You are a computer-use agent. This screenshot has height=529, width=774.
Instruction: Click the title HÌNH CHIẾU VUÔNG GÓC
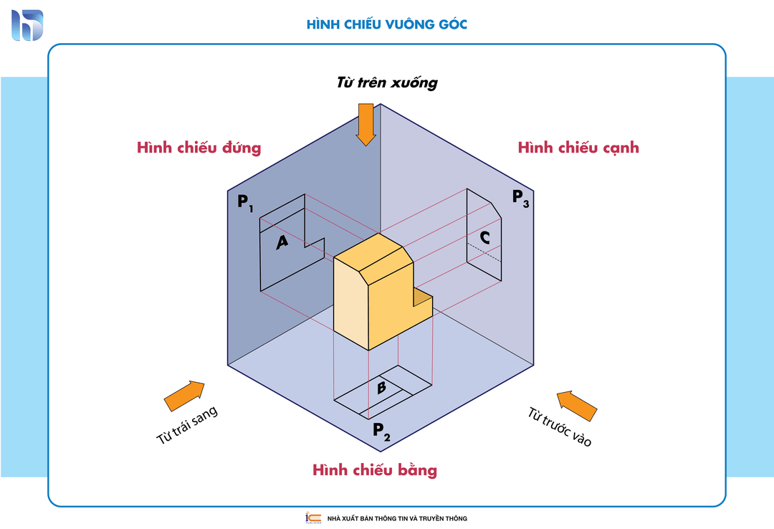(387, 24)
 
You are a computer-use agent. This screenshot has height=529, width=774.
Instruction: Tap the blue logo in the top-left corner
(27, 25)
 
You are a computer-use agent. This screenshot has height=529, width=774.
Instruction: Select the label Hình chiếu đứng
(199, 148)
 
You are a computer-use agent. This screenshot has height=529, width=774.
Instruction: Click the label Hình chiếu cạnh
(578, 148)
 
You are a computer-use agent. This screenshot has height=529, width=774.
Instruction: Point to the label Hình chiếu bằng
(374, 470)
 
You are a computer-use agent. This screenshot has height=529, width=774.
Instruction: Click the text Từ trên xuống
(387, 82)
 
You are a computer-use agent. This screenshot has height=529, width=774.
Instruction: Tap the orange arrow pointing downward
(365, 123)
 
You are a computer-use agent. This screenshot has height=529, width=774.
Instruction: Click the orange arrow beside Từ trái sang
(184, 396)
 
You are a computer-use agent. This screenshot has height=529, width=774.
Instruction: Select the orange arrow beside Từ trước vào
(577, 405)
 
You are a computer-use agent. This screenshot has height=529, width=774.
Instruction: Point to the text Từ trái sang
(187, 426)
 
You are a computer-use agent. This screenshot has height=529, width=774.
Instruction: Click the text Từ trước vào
(560, 427)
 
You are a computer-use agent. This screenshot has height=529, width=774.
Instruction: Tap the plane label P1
(245, 202)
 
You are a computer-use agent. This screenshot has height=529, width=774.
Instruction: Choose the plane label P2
(381, 431)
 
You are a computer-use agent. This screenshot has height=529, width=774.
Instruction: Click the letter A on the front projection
(282, 243)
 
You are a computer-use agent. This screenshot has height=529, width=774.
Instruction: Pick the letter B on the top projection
(382, 388)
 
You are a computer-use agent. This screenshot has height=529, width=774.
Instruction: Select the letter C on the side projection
(485, 237)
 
